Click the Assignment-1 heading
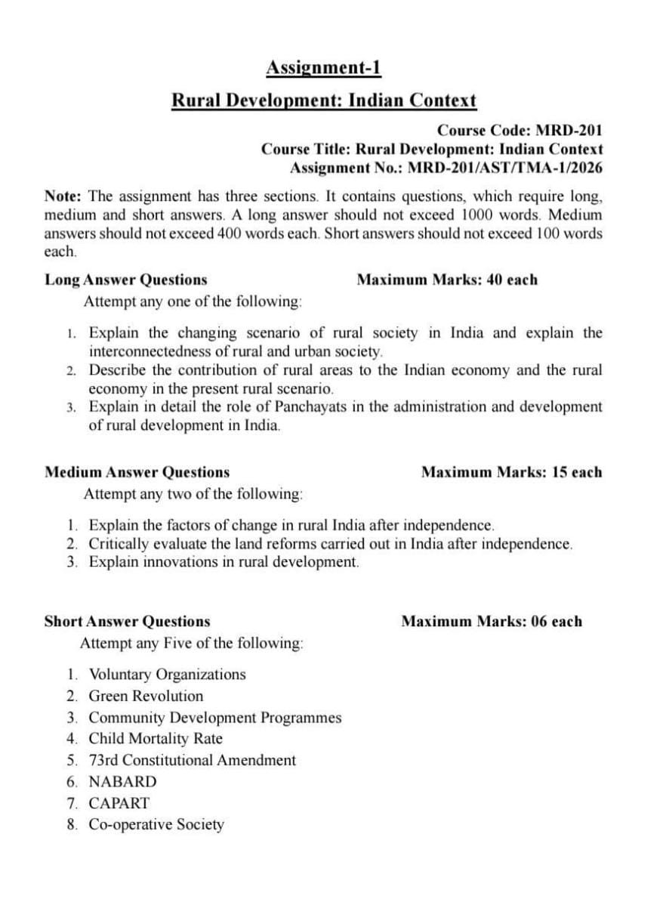(323, 68)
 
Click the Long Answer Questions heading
(125, 280)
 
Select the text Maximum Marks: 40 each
(447, 280)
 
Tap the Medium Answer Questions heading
(137, 472)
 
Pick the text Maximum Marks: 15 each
(511, 472)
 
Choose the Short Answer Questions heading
(127, 622)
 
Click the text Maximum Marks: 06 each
(492, 622)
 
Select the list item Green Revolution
(146, 696)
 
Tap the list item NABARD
(122, 781)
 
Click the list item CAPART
(119, 803)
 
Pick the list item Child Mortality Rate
(156, 738)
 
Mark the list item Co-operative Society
(156, 824)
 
